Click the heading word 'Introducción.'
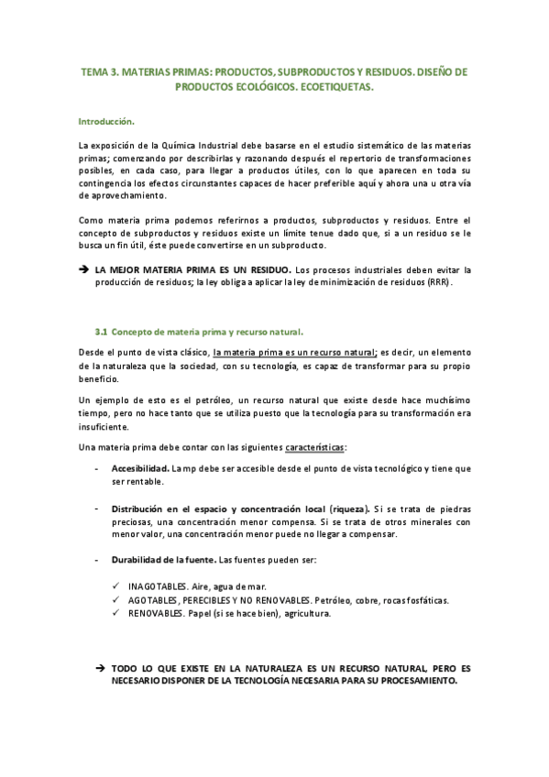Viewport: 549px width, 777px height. click(x=107, y=120)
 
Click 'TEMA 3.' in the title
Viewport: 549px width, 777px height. click(x=100, y=71)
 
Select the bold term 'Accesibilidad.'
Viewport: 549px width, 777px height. click(x=139, y=467)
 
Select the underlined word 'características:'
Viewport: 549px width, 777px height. click(x=315, y=446)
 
